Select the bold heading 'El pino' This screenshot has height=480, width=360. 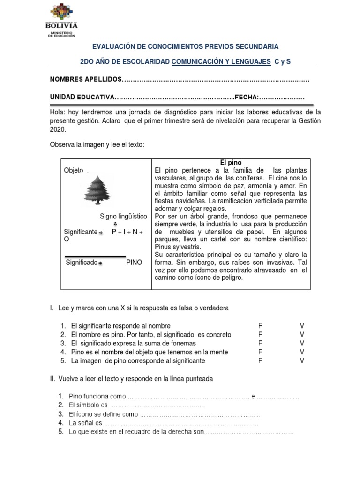[231, 163]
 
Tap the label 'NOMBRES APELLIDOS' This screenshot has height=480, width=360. [86, 80]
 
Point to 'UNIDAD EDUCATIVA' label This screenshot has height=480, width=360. [82, 97]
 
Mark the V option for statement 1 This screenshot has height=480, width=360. [302, 326]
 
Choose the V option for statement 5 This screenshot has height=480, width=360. [302, 360]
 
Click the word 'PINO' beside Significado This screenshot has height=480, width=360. [134, 262]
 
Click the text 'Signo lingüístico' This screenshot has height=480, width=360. [124, 216]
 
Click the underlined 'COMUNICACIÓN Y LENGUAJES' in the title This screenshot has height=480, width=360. [221, 61]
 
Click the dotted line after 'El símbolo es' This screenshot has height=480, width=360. [159, 405]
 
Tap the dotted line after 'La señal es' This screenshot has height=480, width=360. [180, 423]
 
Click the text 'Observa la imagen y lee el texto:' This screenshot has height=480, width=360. [97, 145]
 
